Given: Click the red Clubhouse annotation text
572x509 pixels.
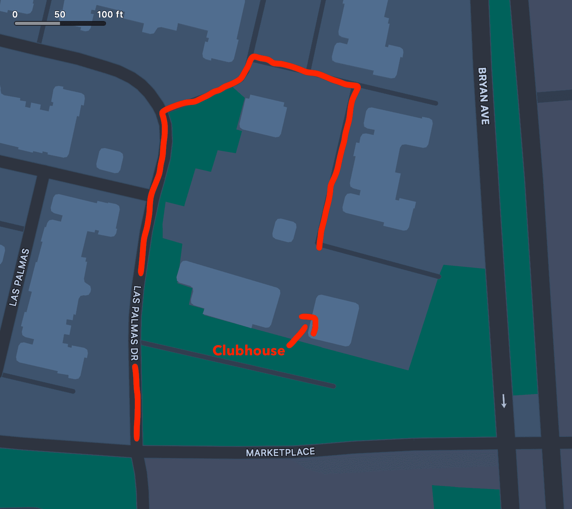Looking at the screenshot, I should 249,350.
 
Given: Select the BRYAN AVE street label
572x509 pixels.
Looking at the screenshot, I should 483,96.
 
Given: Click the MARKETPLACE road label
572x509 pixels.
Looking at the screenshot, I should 280,452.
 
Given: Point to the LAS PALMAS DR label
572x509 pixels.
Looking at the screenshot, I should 135,323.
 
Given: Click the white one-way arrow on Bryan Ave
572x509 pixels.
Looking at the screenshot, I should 504,401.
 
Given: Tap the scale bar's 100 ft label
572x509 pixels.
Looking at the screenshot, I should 110,14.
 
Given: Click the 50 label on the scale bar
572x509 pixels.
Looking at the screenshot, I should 60,14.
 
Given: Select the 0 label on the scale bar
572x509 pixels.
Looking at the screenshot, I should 15,14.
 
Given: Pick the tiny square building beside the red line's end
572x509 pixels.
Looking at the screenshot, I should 284,230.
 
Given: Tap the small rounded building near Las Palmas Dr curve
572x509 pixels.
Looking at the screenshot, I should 109,160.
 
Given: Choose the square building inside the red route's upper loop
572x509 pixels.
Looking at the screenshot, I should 263,116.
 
